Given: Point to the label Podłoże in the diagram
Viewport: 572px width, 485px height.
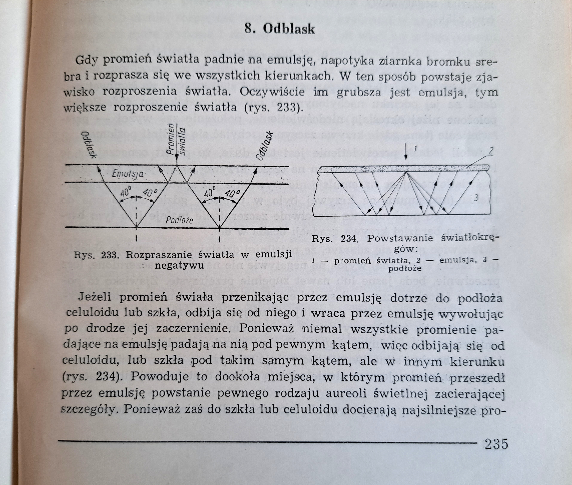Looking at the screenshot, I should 179,220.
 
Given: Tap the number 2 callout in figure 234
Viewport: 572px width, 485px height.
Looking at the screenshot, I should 491,152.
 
